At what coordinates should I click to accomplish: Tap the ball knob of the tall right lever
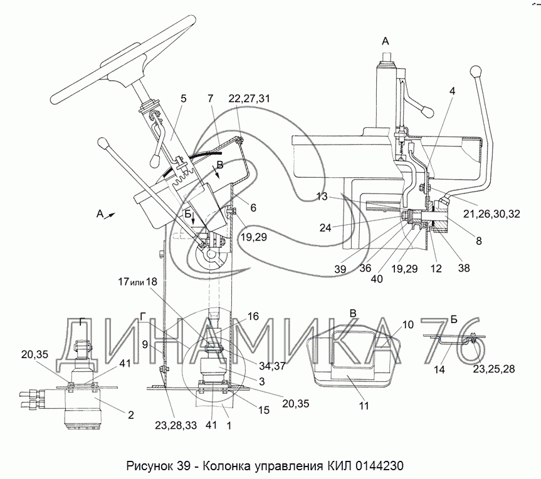coord(477,70)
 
